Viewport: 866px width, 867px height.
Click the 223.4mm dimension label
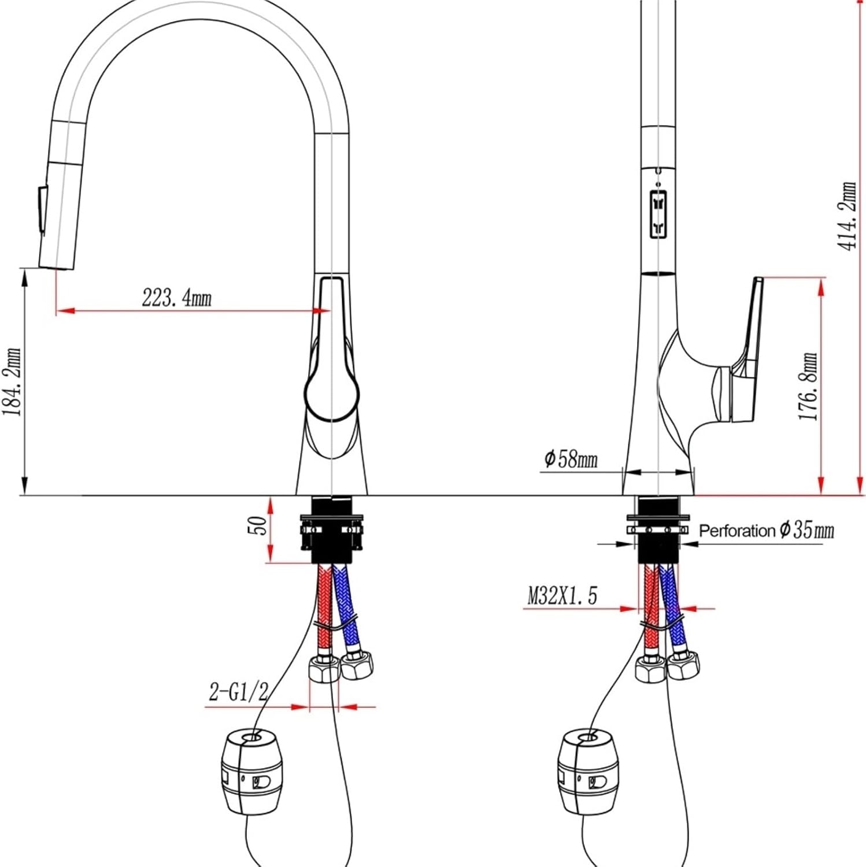pos(177,298)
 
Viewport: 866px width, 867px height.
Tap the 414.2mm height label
pos(848,216)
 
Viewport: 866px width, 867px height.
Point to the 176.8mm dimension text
pos(808,386)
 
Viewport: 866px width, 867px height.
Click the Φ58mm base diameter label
pos(571,459)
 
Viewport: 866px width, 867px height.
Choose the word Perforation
pos(737,531)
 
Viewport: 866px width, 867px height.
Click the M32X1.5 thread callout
pos(562,595)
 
